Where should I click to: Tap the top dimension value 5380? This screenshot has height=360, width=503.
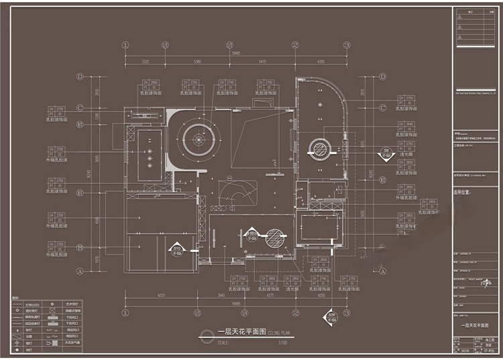pos(197,61)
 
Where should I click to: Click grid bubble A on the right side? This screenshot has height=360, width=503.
pos(383,272)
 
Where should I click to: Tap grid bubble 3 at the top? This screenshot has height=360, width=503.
pos(347,46)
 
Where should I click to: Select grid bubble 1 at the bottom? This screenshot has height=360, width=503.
pos(125,312)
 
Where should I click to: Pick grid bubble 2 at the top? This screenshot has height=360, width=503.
pos(295,46)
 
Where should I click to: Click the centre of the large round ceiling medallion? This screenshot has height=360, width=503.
pos(199,138)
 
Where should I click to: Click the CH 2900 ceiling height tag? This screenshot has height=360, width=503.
pos(151,82)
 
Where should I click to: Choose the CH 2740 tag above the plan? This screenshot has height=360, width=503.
pos(227,82)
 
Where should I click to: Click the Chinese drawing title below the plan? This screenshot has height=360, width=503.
pos(241,333)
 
